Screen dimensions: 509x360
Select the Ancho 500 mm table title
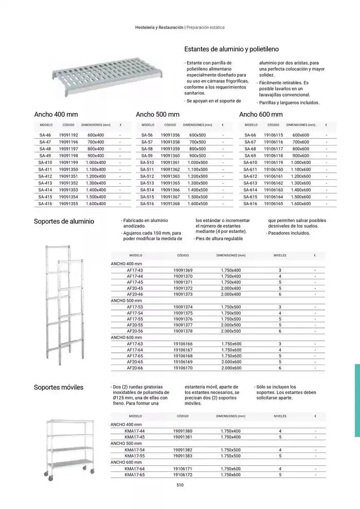(x=157, y=114)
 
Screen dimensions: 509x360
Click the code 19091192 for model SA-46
(x=68, y=135)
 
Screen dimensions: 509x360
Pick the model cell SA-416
(x=45, y=204)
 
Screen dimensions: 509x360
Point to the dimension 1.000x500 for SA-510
(x=197, y=162)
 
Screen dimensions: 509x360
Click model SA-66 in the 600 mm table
(x=250, y=135)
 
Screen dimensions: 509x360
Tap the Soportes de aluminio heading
(x=64, y=222)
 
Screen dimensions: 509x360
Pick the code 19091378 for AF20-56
(x=183, y=332)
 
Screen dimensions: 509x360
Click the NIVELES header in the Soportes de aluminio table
(x=280, y=255)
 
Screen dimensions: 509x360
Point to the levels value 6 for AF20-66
(x=280, y=368)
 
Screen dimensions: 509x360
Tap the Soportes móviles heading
(x=58, y=387)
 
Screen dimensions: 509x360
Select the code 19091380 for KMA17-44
(x=183, y=431)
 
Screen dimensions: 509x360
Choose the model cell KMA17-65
(x=135, y=475)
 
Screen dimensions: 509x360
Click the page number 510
(x=180, y=485)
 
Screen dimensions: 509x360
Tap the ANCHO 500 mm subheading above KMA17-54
(x=126, y=443)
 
